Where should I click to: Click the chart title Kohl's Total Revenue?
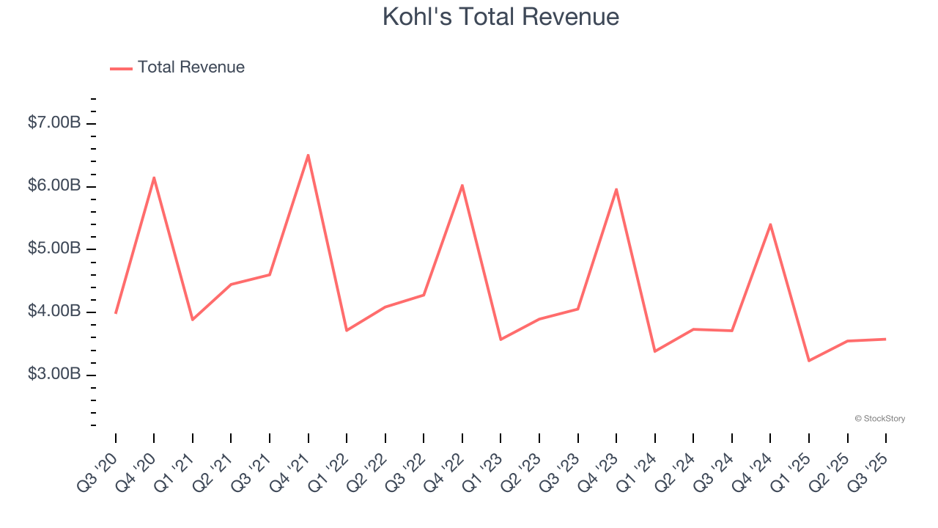tap(501, 17)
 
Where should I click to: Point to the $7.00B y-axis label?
tap(54, 123)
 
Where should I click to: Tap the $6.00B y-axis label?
tap(54, 186)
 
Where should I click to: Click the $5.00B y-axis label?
tap(54, 249)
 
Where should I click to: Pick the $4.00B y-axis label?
tap(54, 312)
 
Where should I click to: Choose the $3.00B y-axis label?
tap(54, 375)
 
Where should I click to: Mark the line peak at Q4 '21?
tap(309, 155)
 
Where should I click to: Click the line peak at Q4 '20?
tap(154, 177)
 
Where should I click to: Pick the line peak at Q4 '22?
tap(462, 185)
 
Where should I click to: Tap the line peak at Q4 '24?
tap(770, 224)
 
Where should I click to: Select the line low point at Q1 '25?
tap(809, 361)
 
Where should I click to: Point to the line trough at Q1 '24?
tap(654, 352)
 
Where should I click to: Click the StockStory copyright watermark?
tap(879, 419)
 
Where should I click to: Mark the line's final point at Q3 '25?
tap(886, 339)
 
